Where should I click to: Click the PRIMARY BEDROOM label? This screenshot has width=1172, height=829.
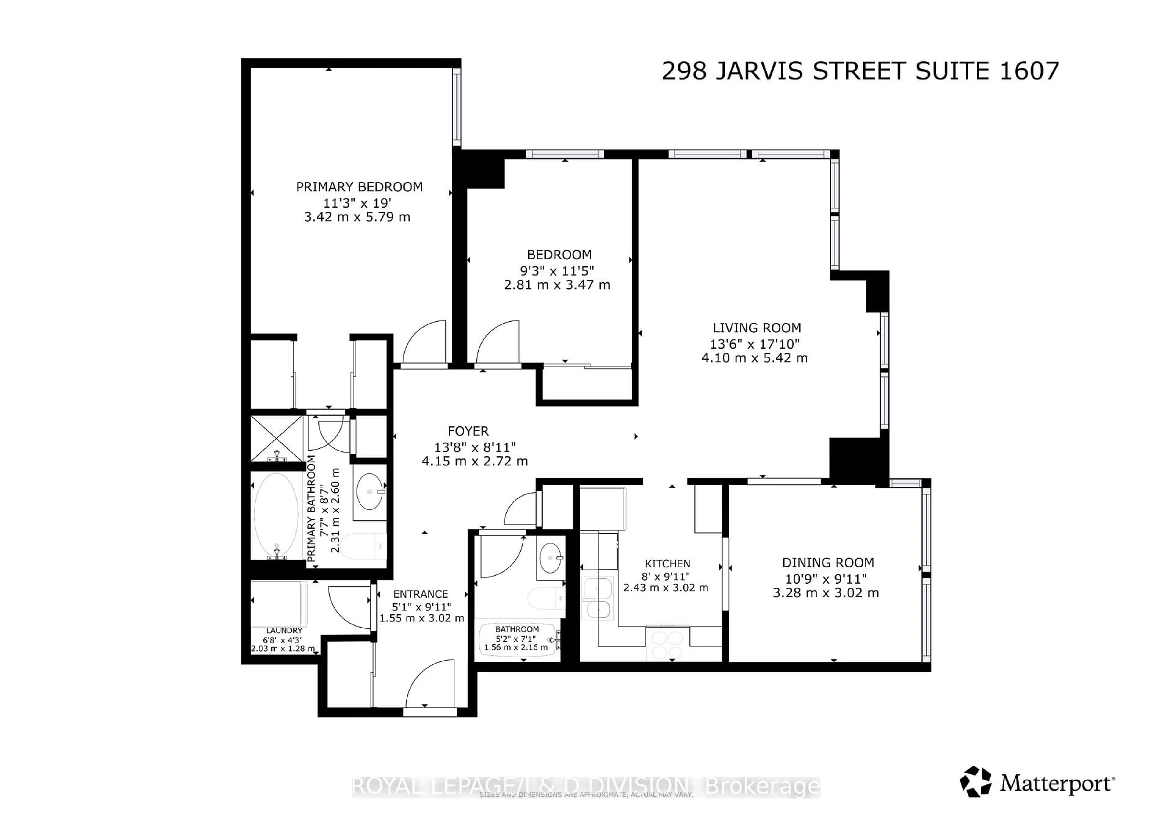pyautogui.click(x=359, y=187)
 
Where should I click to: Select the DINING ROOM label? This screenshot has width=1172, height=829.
pyautogui.click(x=828, y=563)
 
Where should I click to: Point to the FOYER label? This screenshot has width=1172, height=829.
pyautogui.click(x=468, y=431)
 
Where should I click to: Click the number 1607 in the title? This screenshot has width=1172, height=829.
pyautogui.click(x=1029, y=71)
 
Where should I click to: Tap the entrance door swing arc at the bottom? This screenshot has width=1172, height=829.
pyautogui.click(x=429, y=683)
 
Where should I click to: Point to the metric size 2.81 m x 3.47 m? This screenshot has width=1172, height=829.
pyautogui.click(x=557, y=285)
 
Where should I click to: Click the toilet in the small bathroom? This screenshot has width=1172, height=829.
pyautogui.click(x=546, y=598)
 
